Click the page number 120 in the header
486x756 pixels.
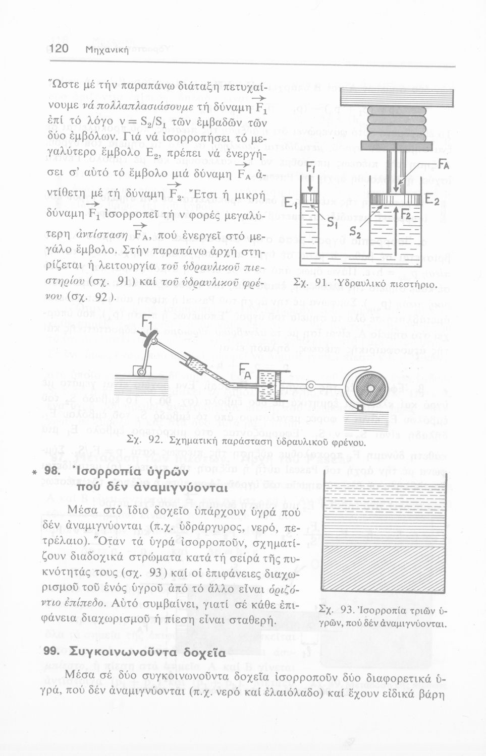pos(63,49)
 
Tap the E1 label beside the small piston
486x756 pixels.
pos(289,204)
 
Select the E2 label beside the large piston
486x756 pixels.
pos(435,200)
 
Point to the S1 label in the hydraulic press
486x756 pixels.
pos(332,222)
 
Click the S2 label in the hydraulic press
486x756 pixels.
pos(357,233)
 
